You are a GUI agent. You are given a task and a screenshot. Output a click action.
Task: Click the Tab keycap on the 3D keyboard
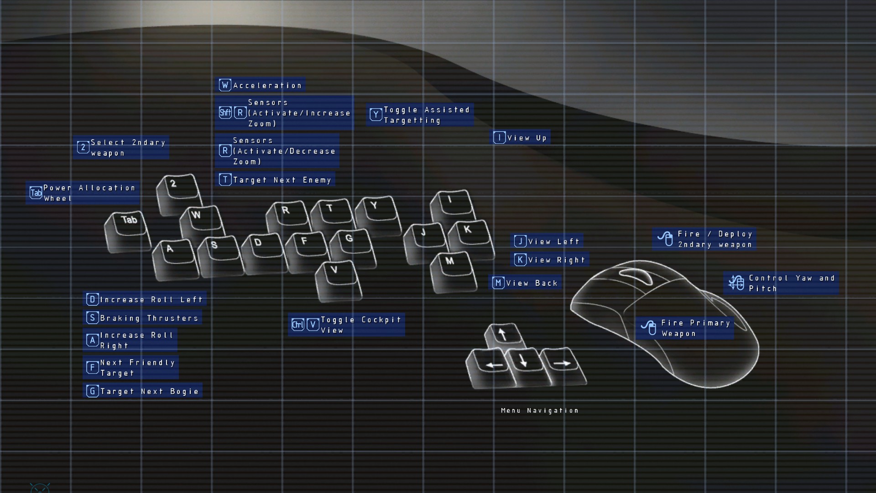128,231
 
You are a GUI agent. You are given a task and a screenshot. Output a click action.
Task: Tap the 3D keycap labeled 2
179,194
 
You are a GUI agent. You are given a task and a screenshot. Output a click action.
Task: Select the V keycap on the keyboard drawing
339,280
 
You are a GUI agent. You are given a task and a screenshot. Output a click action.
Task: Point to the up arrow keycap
505,337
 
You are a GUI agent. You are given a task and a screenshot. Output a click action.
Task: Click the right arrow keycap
563,366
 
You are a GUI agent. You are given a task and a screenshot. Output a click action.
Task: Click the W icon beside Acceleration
225,85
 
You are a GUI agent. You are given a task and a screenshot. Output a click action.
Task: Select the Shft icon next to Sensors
225,112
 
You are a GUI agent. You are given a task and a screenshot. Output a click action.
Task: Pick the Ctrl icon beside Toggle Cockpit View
298,325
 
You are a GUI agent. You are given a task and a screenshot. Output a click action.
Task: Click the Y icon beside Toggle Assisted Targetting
376,115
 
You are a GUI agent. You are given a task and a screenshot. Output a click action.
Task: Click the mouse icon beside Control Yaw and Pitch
736,283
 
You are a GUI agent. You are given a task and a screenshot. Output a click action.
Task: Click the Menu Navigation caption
540,410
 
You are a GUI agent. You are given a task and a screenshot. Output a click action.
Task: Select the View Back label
532,283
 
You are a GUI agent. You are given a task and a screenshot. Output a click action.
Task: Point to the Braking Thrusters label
149,318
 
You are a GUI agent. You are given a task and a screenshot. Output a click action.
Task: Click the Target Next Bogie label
150,391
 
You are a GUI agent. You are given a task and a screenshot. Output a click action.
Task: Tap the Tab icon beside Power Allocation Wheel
36,193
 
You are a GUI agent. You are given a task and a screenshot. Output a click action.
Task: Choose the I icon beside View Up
499,137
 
